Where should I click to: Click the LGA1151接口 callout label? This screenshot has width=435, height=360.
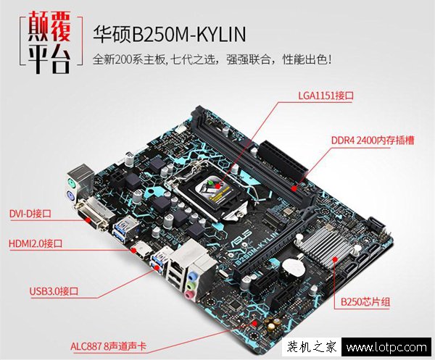[x=326, y=96]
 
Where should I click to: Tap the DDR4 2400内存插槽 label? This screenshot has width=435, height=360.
[x=373, y=141]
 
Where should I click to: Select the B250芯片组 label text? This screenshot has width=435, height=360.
[x=365, y=301]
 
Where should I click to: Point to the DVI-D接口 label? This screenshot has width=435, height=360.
[x=30, y=214]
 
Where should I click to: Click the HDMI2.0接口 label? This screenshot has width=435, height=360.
[x=36, y=243]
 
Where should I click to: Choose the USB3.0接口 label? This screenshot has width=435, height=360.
[x=54, y=291]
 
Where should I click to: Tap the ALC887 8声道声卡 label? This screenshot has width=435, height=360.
[x=108, y=346]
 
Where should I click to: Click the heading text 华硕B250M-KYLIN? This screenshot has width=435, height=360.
[x=169, y=34]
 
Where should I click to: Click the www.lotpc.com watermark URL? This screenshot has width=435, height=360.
[x=386, y=347]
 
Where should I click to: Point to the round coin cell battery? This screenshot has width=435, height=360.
[x=293, y=267]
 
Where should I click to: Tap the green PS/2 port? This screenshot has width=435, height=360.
[x=72, y=183]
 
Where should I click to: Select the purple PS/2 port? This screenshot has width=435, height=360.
[x=70, y=197]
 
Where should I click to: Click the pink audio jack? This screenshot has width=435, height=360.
[x=190, y=294]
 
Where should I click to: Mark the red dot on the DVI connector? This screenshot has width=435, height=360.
[x=88, y=220]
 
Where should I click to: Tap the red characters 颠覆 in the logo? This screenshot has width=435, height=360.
[x=49, y=26]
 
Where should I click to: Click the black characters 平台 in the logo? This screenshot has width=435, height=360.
[x=49, y=59]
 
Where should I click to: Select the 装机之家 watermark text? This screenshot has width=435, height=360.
[x=312, y=347]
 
